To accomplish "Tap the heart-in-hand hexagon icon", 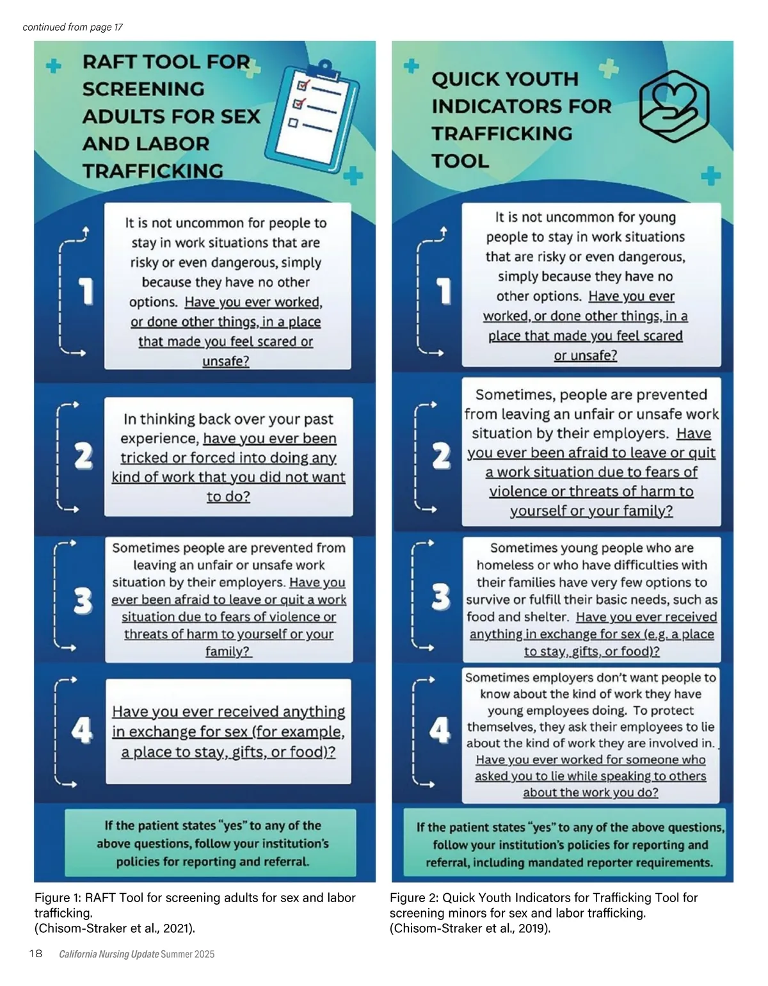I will click(x=674, y=106).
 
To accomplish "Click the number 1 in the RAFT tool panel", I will click(x=86, y=291).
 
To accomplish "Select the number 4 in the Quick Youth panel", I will click(x=440, y=729).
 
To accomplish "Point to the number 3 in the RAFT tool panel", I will click(x=83, y=600).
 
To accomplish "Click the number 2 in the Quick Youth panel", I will click(x=442, y=457).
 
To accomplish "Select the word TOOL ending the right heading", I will click(x=460, y=161).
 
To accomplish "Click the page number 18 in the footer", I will click(x=36, y=953).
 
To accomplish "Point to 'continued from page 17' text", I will click(x=72, y=27).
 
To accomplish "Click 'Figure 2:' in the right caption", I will click(x=413, y=898).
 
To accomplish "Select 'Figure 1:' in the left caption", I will click(x=58, y=898).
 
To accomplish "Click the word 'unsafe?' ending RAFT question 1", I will click(x=226, y=361).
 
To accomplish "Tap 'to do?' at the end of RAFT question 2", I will click(x=228, y=496).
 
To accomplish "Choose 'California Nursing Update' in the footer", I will click(x=109, y=954).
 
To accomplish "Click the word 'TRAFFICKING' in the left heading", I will click(x=152, y=171).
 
